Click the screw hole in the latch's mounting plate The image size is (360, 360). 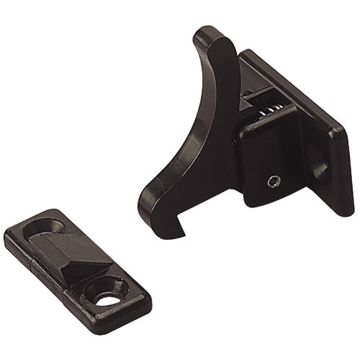(x=318, y=167)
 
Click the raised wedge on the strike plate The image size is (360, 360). (x=79, y=258)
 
